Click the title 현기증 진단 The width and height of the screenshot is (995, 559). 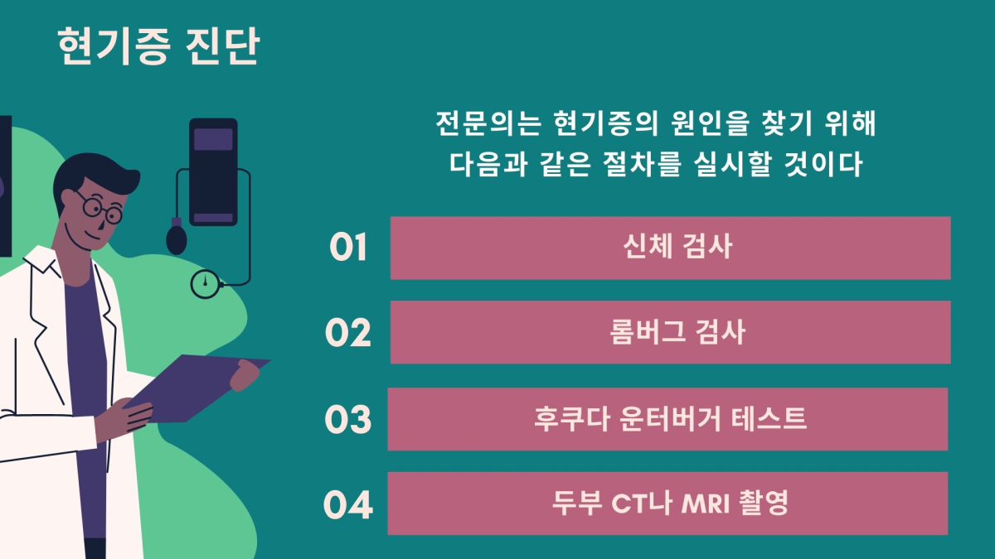point(158,46)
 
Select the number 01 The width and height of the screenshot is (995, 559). point(348,247)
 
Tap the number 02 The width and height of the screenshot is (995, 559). point(347,332)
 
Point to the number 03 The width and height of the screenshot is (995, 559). point(347,419)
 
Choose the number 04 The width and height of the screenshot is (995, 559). point(347,504)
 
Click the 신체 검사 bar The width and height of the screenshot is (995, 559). point(670,248)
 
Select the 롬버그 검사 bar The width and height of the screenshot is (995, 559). point(670,332)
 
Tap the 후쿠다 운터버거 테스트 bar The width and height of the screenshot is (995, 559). point(667,419)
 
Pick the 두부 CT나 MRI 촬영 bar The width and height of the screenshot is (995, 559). point(667,504)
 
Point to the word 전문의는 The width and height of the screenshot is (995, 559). point(488,123)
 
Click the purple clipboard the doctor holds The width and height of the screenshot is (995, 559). point(197,388)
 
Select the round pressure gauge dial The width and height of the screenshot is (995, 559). point(206,284)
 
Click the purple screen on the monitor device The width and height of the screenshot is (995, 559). point(213,140)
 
